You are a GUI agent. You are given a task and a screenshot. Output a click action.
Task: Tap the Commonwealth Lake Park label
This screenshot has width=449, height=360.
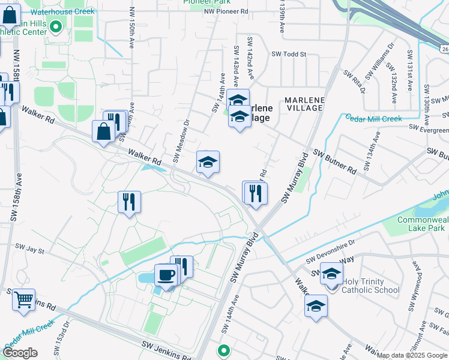point(422,224)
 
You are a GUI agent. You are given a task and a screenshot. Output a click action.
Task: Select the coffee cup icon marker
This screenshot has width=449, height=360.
point(166,276)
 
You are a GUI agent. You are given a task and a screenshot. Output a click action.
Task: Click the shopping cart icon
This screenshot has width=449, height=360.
point(23,298)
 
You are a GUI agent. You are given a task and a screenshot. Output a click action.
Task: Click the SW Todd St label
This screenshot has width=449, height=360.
point(289,54)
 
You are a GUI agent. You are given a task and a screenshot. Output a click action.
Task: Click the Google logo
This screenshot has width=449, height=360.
point(20,353)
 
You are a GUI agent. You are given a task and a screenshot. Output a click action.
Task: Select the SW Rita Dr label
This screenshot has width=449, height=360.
point(354,82)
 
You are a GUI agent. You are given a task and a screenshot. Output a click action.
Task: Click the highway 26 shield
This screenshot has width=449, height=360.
point(443,48)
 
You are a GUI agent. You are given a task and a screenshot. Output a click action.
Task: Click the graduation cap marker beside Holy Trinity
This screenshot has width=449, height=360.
point(331,274)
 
